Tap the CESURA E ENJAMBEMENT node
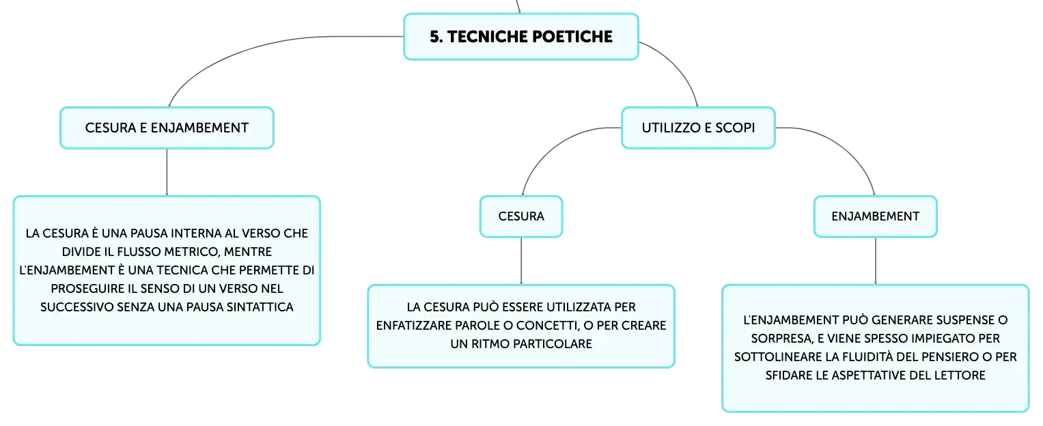coord(167,128)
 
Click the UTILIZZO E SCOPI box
coord(698,128)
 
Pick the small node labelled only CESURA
coord(521,216)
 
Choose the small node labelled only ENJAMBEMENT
coord(876,216)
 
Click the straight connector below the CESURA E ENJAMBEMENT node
coord(167,172)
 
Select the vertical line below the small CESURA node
coord(521,261)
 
